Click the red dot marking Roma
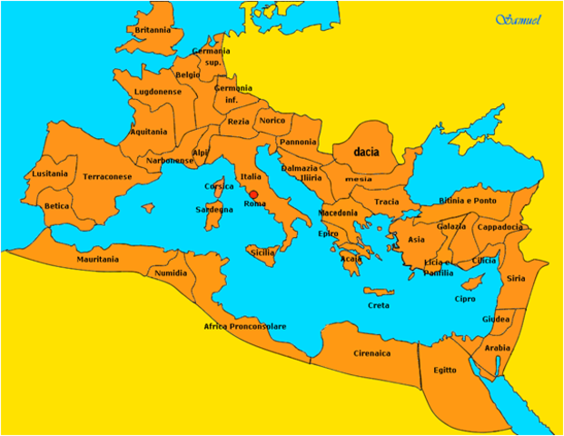point(253,193)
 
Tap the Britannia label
point(153,30)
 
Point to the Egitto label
point(445,370)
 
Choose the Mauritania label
point(97,259)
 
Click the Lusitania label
point(50,173)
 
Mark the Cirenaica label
point(371,352)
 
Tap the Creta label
point(379,305)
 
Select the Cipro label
point(465,299)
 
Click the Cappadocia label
point(500,227)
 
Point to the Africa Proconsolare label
point(244,326)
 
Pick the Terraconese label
point(107,176)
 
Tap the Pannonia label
point(299,142)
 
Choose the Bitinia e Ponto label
point(469,200)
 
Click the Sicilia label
point(262,252)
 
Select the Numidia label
point(171,272)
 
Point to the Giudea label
point(496,319)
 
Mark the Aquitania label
point(149,131)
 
